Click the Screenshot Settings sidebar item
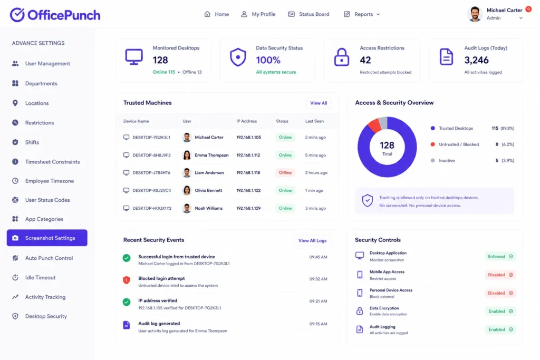pyautogui.click(x=47, y=238)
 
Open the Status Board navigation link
pyautogui.click(x=308, y=14)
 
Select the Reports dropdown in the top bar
pyautogui.click(x=362, y=14)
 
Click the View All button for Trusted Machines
pyautogui.click(x=319, y=103)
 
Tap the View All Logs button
pyautogui.click(x=312, y=240)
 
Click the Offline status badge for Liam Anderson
pyautogui.click(x=285, y=173)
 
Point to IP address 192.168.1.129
pyautogui.click(x=248, y=208)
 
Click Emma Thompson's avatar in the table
pyautogui.click(x=187, y=155)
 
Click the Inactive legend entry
pyautogui.click(x=447, y=160)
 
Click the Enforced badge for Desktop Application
pyautogui.click(x=500, y=256)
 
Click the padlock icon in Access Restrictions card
pyautogui.click(x=342, y=57)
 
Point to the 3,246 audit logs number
pyautogui.click(x=476, y=60)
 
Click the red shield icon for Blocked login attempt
pyautogui.click(x=127, y=280)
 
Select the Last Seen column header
pyautogui.click(x=314, y=121)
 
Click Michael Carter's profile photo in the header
pyautogui.click(x=475, y=14)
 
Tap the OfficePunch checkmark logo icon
pyautogui.click(x=17, y=15)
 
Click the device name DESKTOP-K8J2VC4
pyautogui.click(x=151, y=190)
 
